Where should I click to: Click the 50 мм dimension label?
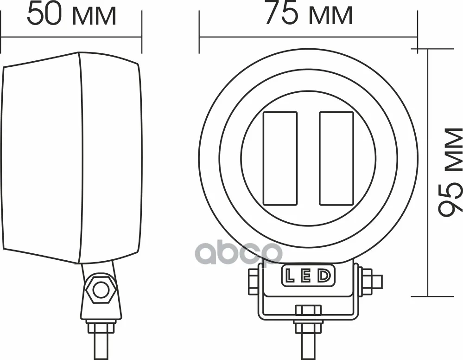coord(71,15)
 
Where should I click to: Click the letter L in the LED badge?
coord(290,276)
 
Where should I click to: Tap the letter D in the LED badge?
coord(324,276)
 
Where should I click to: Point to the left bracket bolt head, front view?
coord(253,281)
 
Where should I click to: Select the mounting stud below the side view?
coord(101,341)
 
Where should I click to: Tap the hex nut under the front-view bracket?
coord(308,310)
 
